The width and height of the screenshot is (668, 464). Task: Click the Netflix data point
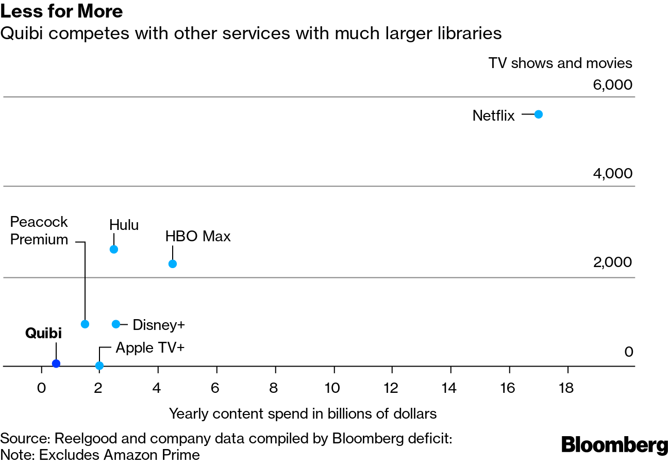539,114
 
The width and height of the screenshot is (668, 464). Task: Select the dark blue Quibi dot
56,363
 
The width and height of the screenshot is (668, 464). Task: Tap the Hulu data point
114,250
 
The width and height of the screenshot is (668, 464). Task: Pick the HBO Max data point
173,264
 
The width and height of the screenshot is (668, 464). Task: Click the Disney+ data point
116,324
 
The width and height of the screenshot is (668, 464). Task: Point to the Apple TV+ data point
99,366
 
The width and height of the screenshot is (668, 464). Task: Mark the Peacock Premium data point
85,324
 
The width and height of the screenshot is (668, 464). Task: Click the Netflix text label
493,115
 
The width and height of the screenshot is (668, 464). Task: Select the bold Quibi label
43,334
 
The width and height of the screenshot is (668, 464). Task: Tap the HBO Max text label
198,237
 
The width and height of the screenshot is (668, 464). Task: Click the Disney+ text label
158,325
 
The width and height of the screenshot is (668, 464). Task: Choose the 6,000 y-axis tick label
612,85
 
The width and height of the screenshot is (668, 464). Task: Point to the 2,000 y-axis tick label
612,262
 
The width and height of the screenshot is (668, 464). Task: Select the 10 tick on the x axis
334,388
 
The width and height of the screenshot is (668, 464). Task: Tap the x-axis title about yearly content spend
303,413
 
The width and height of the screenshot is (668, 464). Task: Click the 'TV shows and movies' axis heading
560,63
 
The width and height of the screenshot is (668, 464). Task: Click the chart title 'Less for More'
61,11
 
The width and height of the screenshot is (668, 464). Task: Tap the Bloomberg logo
614,445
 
